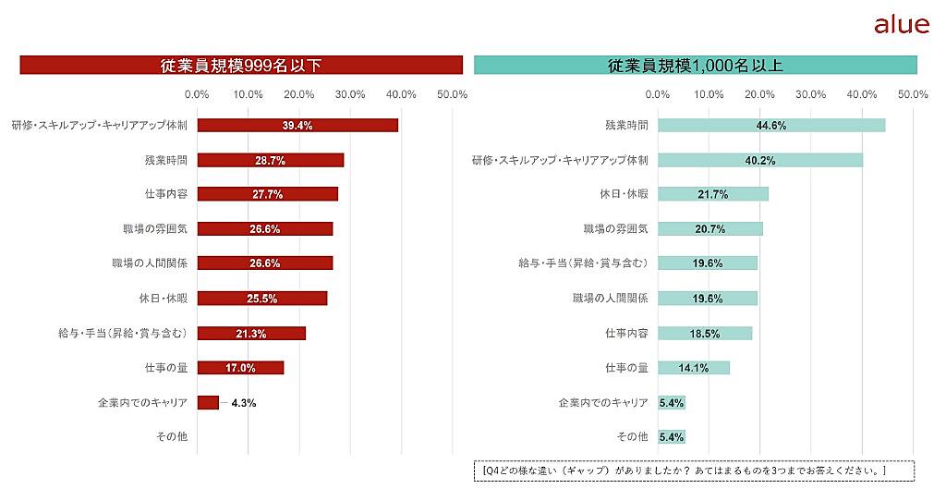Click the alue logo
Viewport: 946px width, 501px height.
tap(901, 25)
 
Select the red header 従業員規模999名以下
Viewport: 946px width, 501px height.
tap(241, 65)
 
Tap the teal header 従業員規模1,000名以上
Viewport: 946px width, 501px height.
tap(695, 65)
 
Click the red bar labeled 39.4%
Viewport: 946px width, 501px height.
tap(297, 126)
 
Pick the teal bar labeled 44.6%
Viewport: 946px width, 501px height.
tap(771, 126)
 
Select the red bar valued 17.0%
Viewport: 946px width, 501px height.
tap(240, 368)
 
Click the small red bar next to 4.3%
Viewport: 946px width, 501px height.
tap(208, 402)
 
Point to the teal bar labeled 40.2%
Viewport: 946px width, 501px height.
tap(760, 160)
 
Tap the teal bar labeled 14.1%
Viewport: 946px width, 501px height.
tap(694, 368)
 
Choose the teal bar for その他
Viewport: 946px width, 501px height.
tap(672, 436)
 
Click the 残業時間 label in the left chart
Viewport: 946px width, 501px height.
tap(165, 160)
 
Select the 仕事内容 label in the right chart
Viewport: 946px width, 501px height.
tap(626, 333)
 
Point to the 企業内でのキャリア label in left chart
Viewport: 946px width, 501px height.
tap(142, 402)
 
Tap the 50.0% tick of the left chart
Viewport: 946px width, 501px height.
tap(453, 94)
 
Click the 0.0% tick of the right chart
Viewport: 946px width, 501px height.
tap(658, 94)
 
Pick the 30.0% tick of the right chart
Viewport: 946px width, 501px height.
tap(810, 94)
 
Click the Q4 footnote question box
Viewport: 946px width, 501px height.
tap(694, 470)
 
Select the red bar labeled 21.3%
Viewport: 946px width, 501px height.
tap(251, 333)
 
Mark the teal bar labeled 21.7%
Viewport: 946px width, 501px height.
tap(713, 194)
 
